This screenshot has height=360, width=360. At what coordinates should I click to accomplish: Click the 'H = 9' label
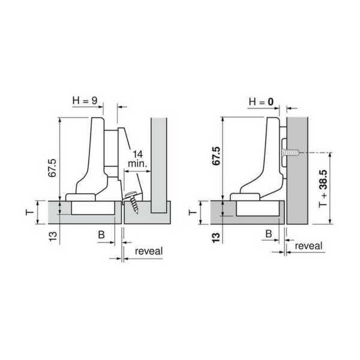pyautogui.click(x=85, y=101)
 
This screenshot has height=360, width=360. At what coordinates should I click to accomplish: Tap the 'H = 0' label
pyautogui.click(x=261, y=102)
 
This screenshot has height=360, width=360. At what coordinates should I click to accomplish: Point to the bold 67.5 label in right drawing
pyautogui.click(x=216, y=156)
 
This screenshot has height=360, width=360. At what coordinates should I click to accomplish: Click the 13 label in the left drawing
pyautogui.click(x=53, y=236)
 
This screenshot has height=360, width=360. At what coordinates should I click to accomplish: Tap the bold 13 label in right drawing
pyautogui.click(x=216, y=238)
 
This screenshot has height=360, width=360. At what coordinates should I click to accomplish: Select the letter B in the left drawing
pyautogui.click(x=101, y=235)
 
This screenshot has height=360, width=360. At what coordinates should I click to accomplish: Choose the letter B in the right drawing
pyautogui.click(x=269, y=234)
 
